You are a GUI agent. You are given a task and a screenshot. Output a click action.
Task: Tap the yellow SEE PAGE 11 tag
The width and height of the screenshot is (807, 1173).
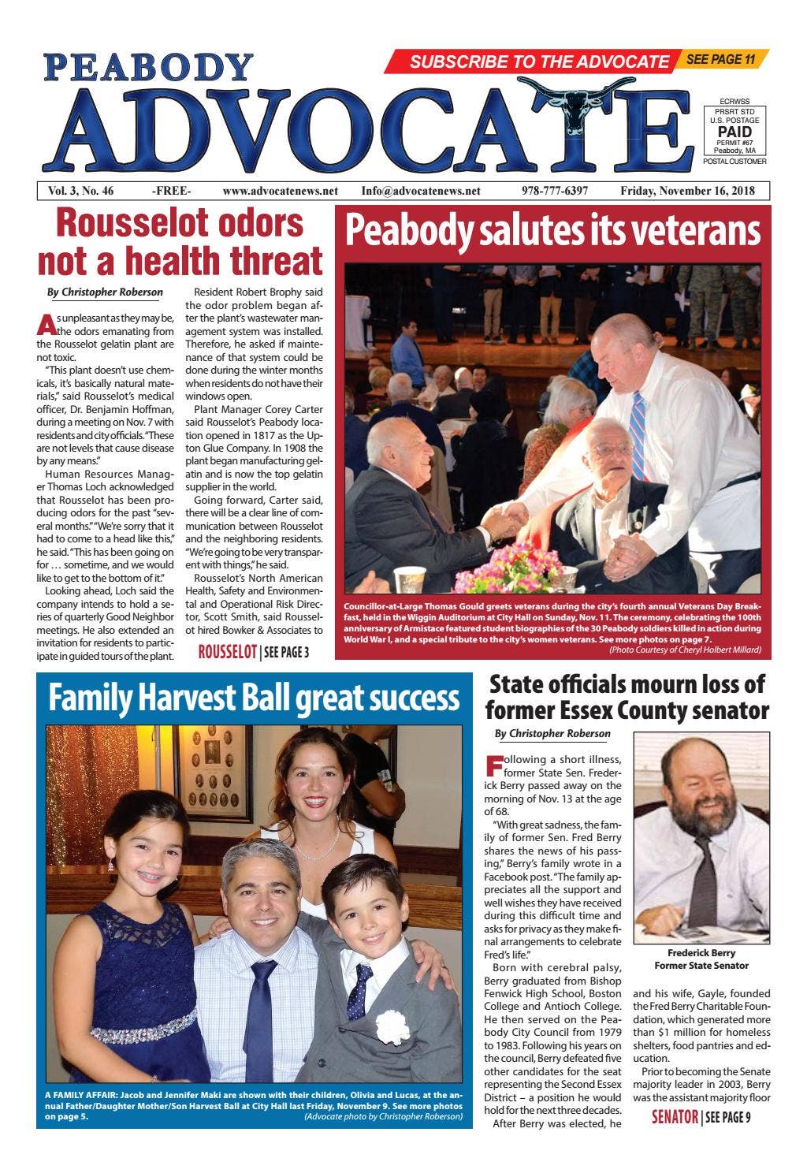721,59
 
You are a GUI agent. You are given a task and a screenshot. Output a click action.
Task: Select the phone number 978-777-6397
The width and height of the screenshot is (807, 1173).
554,191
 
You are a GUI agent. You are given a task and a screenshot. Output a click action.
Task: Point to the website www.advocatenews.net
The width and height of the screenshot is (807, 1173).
280,191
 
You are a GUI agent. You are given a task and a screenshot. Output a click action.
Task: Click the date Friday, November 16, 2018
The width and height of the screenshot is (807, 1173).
687,191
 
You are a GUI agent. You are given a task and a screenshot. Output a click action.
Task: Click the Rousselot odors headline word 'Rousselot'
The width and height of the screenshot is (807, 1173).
180,223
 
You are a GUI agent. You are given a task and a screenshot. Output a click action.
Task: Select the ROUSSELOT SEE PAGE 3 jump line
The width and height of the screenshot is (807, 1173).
253,652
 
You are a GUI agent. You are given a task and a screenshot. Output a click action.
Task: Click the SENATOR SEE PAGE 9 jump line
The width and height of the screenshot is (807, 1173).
701,1116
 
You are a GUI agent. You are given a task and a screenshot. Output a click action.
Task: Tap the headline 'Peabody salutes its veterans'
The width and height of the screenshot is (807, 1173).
552,231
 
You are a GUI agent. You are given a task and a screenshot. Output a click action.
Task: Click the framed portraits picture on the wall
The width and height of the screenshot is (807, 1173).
212,772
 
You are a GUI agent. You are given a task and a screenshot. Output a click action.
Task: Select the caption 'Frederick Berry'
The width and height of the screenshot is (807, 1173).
701,952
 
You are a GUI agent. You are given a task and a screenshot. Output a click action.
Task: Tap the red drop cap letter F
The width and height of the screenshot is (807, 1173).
493,765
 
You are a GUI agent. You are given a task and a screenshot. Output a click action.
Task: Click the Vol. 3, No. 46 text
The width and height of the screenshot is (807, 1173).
80,191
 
